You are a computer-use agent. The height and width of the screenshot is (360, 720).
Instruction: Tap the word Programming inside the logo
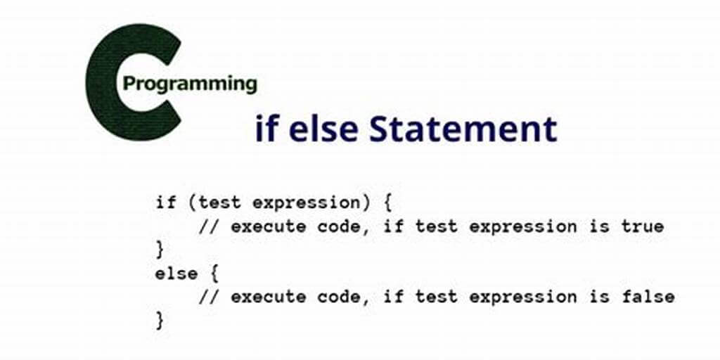[x=190, y=84]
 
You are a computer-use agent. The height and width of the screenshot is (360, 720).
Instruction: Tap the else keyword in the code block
[x=176, y=274]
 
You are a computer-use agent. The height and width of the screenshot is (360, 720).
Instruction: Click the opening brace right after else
[x=214, y=274]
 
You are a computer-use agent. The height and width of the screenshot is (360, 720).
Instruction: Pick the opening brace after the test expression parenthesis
[x=387, y=203]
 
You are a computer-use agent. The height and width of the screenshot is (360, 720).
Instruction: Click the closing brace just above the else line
[x=160, y=250]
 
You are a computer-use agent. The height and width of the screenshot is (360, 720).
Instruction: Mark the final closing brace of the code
[x=160, y=320]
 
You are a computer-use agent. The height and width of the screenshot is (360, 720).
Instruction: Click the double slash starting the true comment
[x=208, y=226]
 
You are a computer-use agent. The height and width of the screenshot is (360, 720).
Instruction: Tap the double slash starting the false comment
[x=208, y=297]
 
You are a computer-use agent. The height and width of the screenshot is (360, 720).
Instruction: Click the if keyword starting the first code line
[x=165, y=202]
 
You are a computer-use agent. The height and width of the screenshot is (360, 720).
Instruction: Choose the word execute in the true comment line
[x=268, y=227]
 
